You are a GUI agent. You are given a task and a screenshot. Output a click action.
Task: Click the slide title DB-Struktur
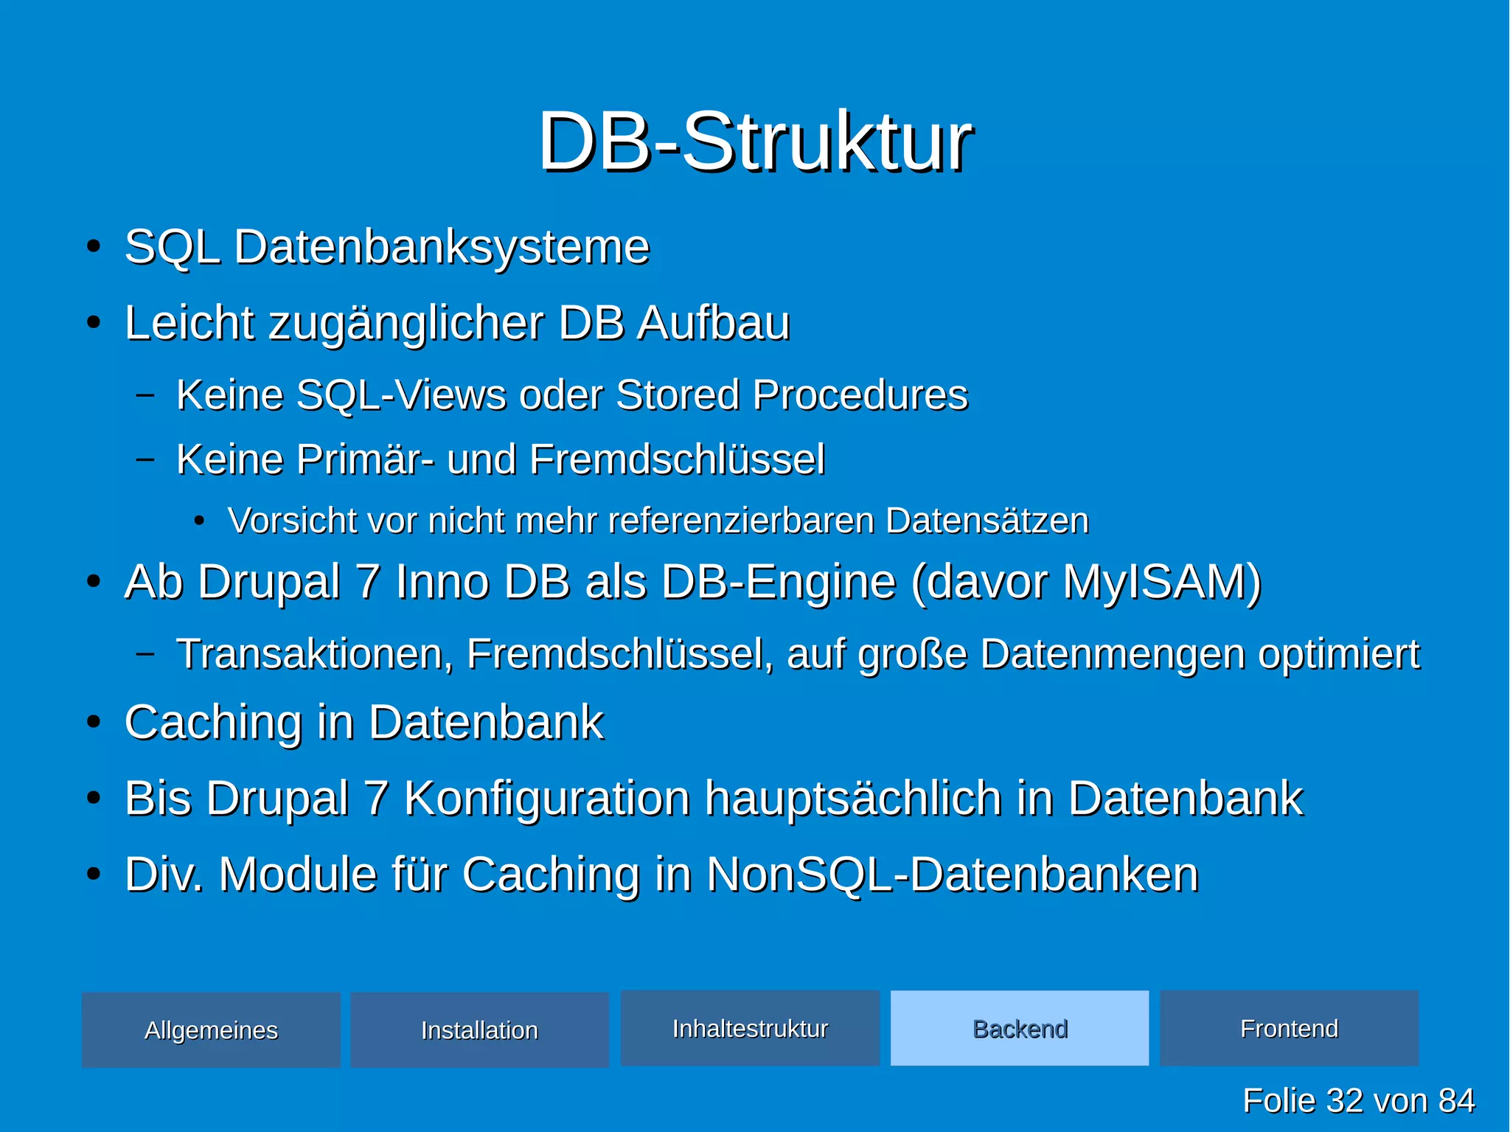pos(755,142)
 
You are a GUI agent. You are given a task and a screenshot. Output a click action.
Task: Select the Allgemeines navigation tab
pos(211,1029)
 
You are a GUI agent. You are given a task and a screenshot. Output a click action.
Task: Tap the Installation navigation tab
pos(479,1029)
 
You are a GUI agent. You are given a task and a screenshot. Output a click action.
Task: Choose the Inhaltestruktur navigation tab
pos(750,1028)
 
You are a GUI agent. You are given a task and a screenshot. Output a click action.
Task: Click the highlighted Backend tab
pos(1020,1028)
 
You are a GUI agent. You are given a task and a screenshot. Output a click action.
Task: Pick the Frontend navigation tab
pos(1289,1028)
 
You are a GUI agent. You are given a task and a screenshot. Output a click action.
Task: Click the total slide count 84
pos(1455,1100)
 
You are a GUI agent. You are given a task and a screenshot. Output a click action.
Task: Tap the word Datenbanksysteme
pos(442,247)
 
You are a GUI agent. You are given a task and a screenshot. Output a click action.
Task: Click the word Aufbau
pos(713,323)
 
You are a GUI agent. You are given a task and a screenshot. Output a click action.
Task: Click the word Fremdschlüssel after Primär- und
pos(677,459)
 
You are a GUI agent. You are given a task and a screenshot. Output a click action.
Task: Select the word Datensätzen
pos(987,521)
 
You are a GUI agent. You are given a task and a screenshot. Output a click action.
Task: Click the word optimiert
pos(1338,654)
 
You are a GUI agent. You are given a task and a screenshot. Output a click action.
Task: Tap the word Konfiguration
pos(546,799)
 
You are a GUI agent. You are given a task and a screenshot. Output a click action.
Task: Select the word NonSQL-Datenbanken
pos(952,875)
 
